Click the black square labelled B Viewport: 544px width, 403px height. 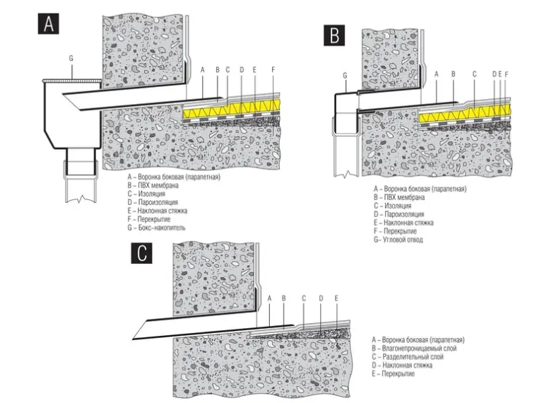click(334, 35)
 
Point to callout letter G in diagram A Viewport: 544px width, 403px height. click(71, 56)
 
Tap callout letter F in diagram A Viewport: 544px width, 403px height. click(273, 69)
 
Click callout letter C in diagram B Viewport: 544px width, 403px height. click(474, 74)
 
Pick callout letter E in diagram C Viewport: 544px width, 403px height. click(337, 298)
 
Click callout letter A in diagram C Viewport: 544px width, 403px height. click(269, 298)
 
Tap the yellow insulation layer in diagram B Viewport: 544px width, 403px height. click(459, 117)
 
